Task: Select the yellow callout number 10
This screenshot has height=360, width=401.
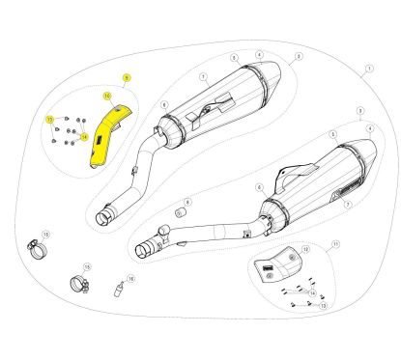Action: coord(107,96)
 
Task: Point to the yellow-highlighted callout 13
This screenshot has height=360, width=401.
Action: coord(49,119)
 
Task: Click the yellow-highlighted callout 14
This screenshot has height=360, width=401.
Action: coord(83,136)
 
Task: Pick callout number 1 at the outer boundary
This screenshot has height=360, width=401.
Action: coord(368,69)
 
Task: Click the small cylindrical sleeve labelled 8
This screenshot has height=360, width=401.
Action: coord(179,210)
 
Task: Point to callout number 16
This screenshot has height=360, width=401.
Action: coord(131,277)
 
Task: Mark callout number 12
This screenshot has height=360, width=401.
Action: coord(306,250)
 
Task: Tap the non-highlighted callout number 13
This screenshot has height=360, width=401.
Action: coord(322,304)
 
